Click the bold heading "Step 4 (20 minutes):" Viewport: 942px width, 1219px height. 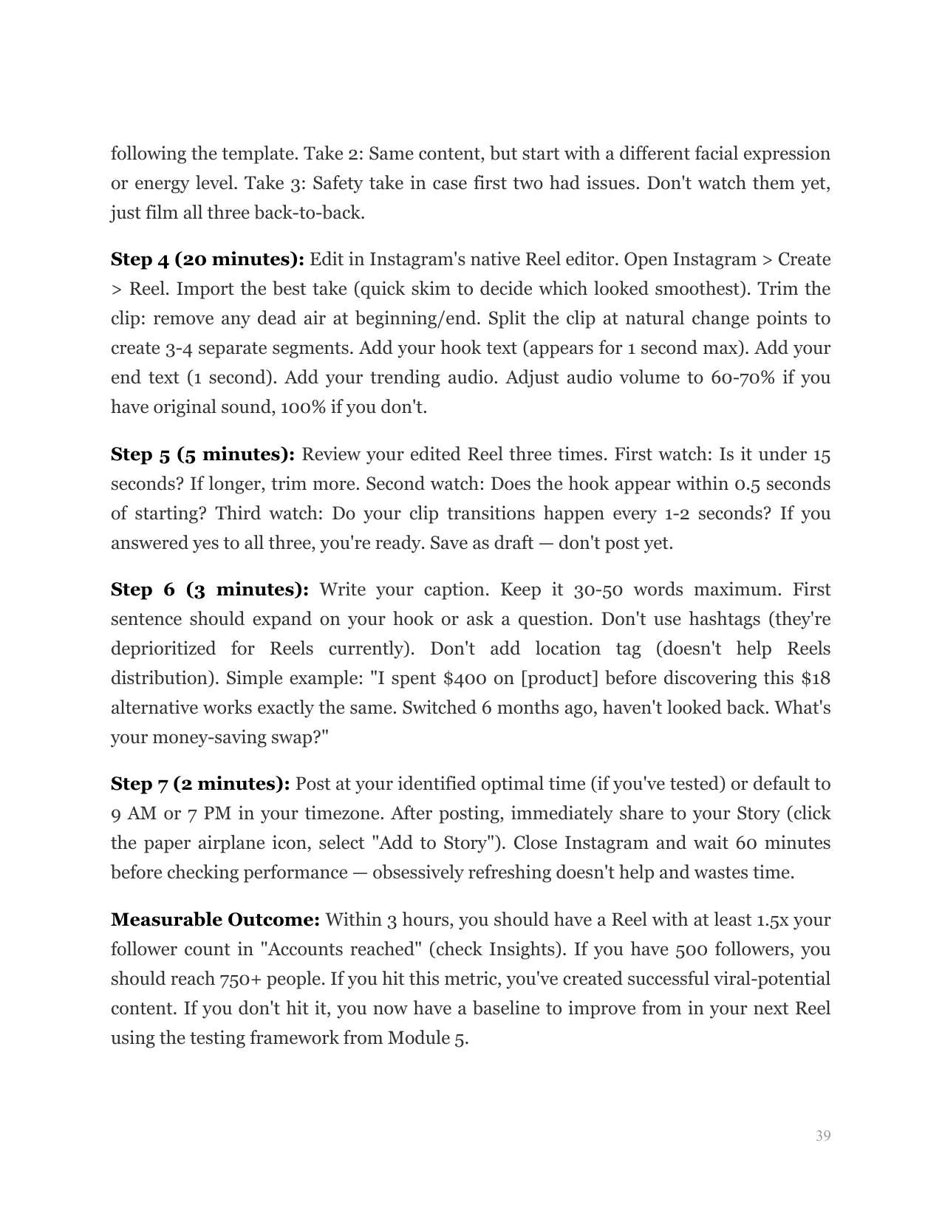[x=208, y=260]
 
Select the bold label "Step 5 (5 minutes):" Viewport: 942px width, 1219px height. [x=202, y=454]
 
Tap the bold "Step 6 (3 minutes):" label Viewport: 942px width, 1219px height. [x=210, y=590]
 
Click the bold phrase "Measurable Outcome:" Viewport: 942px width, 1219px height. [x=215, y=921]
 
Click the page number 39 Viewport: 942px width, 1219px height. [x=823, y=1136]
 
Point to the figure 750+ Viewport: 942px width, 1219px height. [x=240, y=980]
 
